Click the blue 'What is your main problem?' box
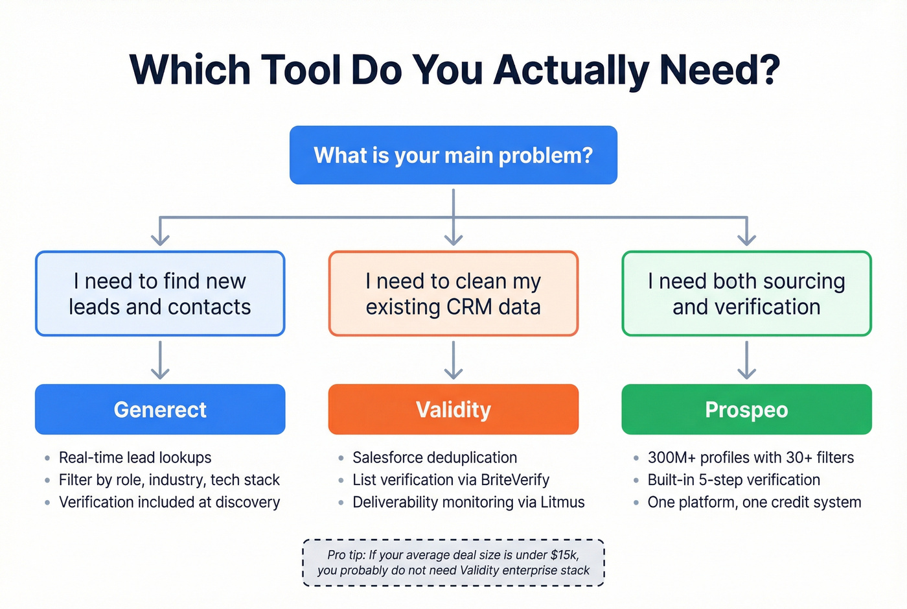click(x=453, y=155)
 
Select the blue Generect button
click(x=160, y=409)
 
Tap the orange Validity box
click(x=453, y=409)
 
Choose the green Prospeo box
click(x=746, y=409)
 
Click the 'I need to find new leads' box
click(x=160, y=293)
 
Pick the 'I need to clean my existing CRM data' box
click(x=453, y=293)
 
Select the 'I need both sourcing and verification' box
click(x=746, y=293)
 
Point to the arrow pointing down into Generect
click(x=160, y=361)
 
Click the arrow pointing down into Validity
click(x=453, y=361)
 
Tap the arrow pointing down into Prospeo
click(x=746, y=361)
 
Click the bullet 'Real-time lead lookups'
click(x=135, y=458)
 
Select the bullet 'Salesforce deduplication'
click(x=434, y=458)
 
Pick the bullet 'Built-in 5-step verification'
click(x=733, y=480)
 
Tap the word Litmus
click(x=563, y=503)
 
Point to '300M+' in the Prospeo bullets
click(x=671, y=458)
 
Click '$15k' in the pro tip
click(x=563, y=555)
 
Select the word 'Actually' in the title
click(x=570, y=70)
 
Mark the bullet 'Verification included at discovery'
click(x=169, y=503)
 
